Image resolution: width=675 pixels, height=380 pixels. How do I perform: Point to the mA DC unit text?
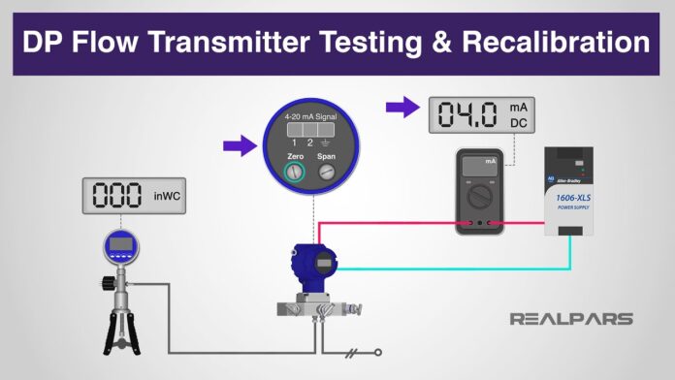[x=519, y=113]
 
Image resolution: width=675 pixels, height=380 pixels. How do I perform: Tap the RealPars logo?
[x=571, y=318]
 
